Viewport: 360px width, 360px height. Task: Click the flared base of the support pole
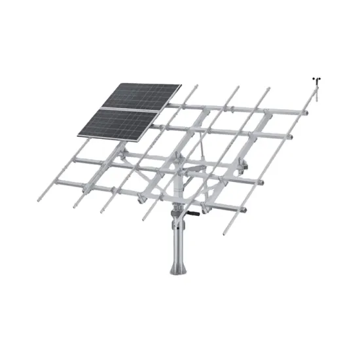(178, 265)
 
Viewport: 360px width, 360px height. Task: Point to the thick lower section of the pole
(178, 239)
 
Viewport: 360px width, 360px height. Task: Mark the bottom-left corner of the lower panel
(78, 135)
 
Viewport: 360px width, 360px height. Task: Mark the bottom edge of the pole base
(178, 275)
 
